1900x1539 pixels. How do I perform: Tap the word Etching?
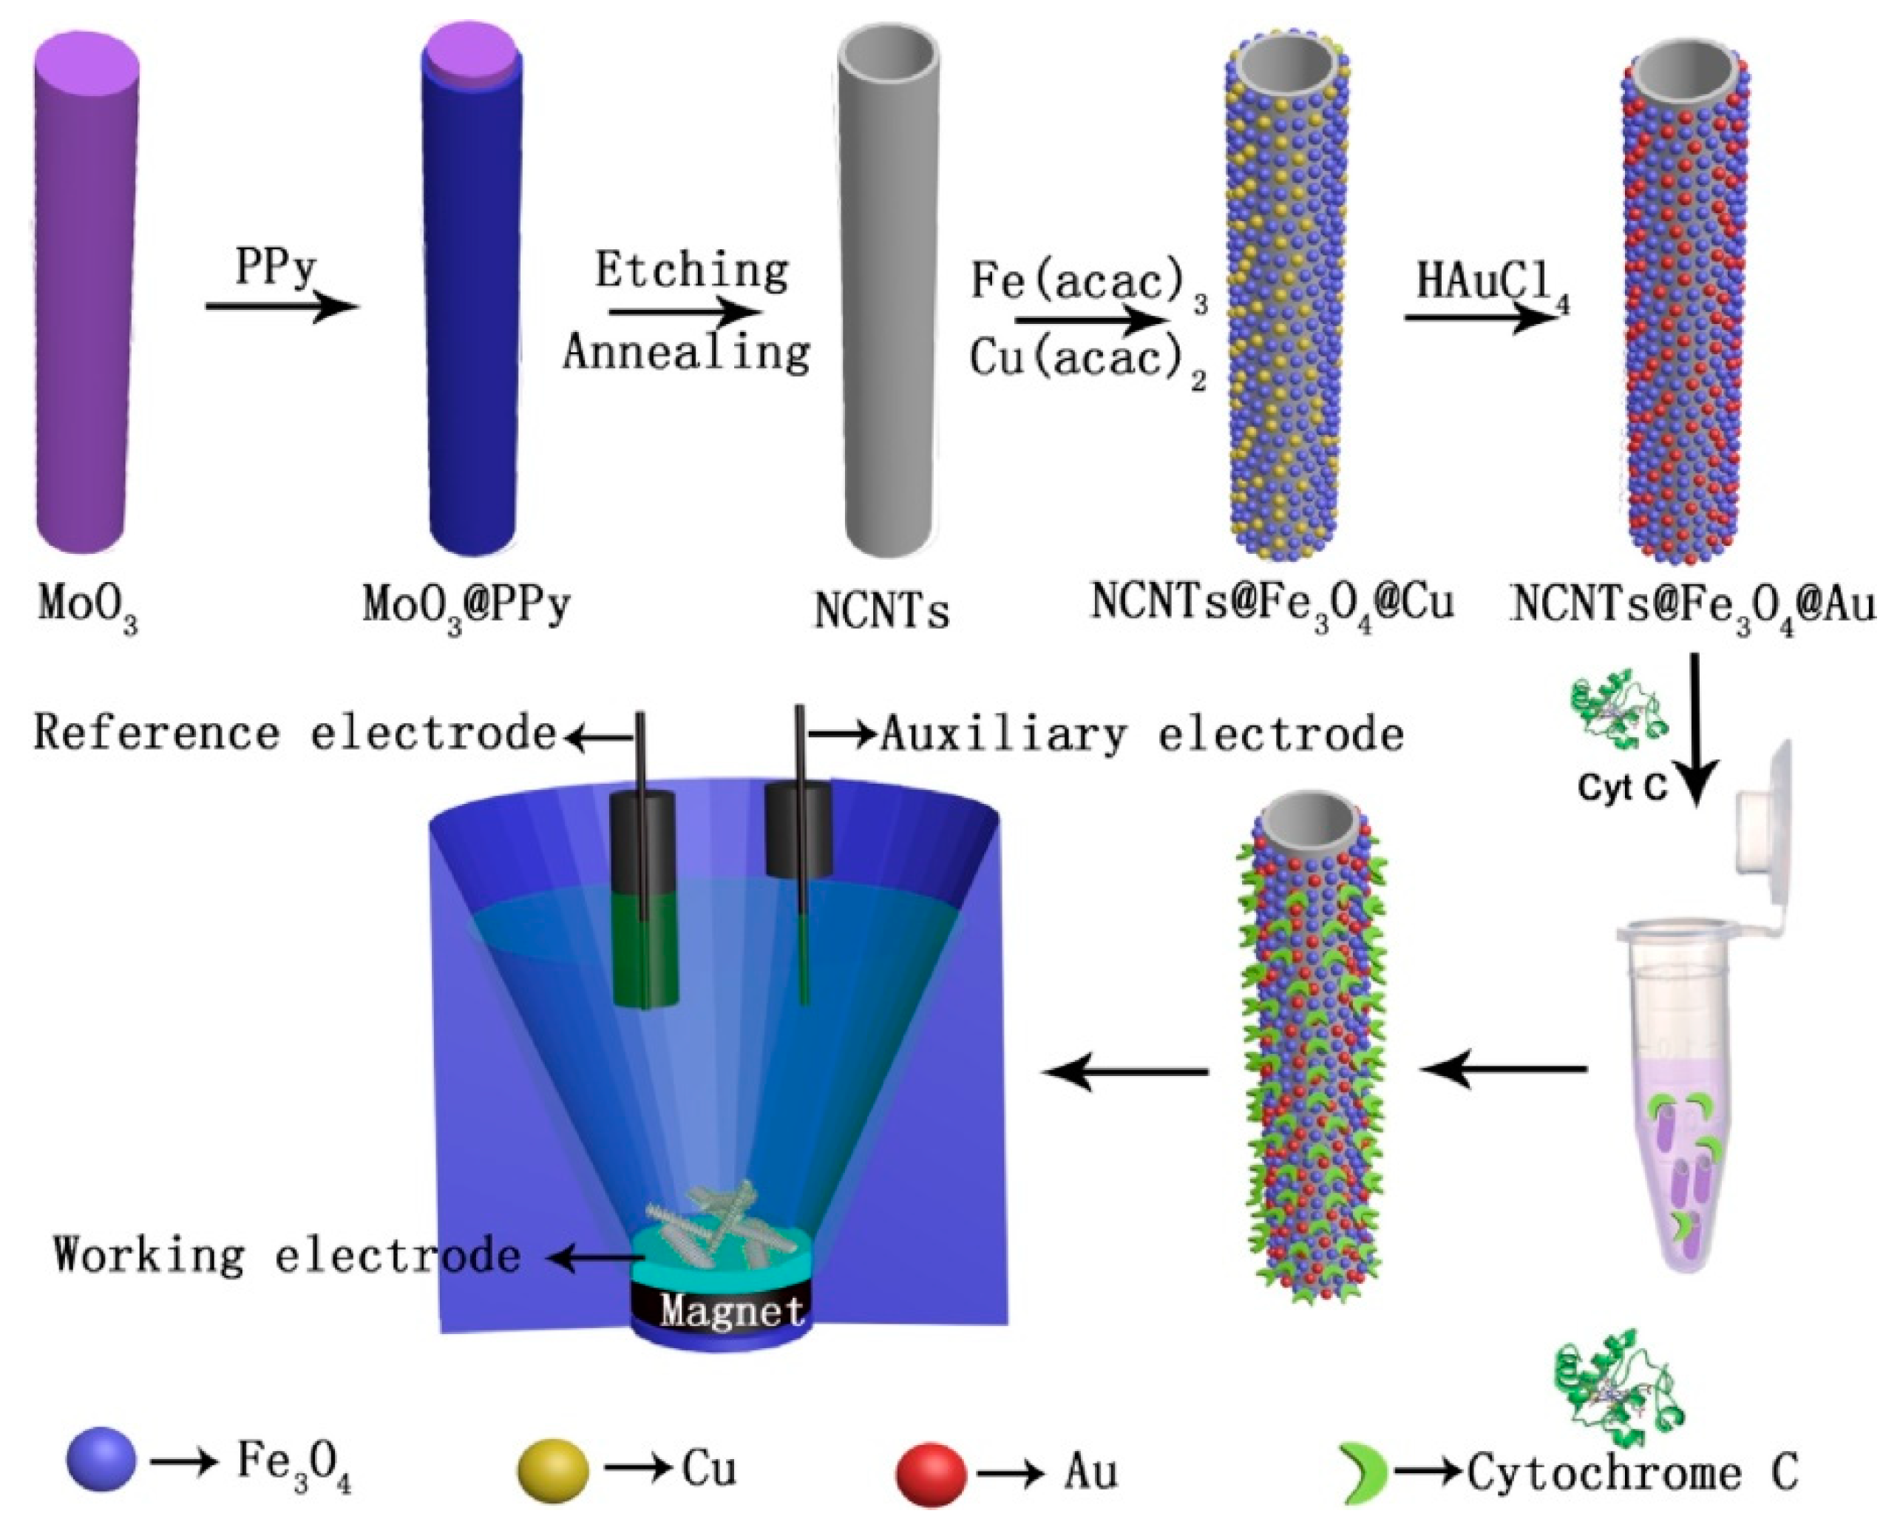point(691,271)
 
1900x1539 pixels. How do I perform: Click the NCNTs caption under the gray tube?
point(881,611)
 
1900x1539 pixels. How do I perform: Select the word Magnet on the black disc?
point(732,1310)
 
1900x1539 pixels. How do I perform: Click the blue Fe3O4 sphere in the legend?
point(102,1458)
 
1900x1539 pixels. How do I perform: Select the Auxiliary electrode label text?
point(1141,734)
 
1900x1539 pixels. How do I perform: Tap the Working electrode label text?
point(286,1255)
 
